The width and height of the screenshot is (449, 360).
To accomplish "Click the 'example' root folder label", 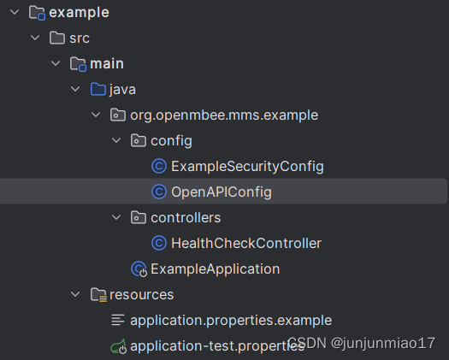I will pos(79,13).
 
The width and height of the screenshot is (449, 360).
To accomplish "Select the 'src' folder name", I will pos(80,38).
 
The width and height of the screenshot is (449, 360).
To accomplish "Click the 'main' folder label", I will pos(107,64).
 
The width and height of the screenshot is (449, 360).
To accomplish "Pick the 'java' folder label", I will pos(122,90).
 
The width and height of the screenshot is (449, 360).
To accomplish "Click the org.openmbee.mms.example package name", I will pos(225,115).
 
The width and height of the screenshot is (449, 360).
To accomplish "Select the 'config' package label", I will pos(171,141).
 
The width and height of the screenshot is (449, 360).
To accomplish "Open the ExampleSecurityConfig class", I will pos(247,167).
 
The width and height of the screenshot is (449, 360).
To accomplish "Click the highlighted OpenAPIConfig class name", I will pos(222,192).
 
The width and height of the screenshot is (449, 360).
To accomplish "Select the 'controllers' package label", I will pos(186,218).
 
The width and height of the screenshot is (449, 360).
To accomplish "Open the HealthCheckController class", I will pos(246,244).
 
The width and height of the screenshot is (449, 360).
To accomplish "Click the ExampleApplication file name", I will pos(215,269).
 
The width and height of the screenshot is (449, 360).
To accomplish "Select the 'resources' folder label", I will pos(141,295).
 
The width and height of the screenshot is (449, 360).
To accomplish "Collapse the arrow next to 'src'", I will pos(35,38).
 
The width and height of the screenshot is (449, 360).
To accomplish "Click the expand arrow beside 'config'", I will pos(116,141).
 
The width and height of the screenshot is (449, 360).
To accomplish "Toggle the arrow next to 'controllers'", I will pos(116,218).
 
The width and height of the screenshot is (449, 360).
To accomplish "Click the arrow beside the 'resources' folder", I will pos(75,295).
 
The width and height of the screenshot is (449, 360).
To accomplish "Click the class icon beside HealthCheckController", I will pos(157,244).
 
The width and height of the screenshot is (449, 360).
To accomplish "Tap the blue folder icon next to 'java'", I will pos(97,90).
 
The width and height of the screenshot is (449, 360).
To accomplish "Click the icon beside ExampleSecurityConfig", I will pos(157,167).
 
